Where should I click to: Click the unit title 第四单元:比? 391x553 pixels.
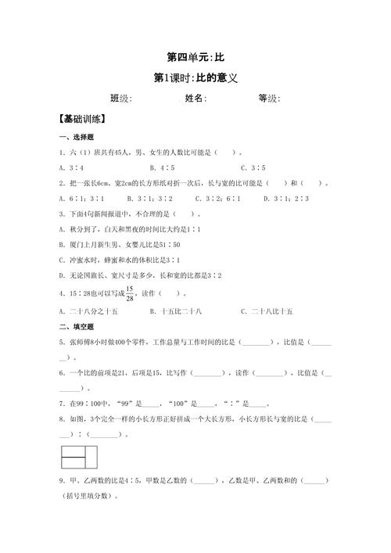point(196,58)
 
